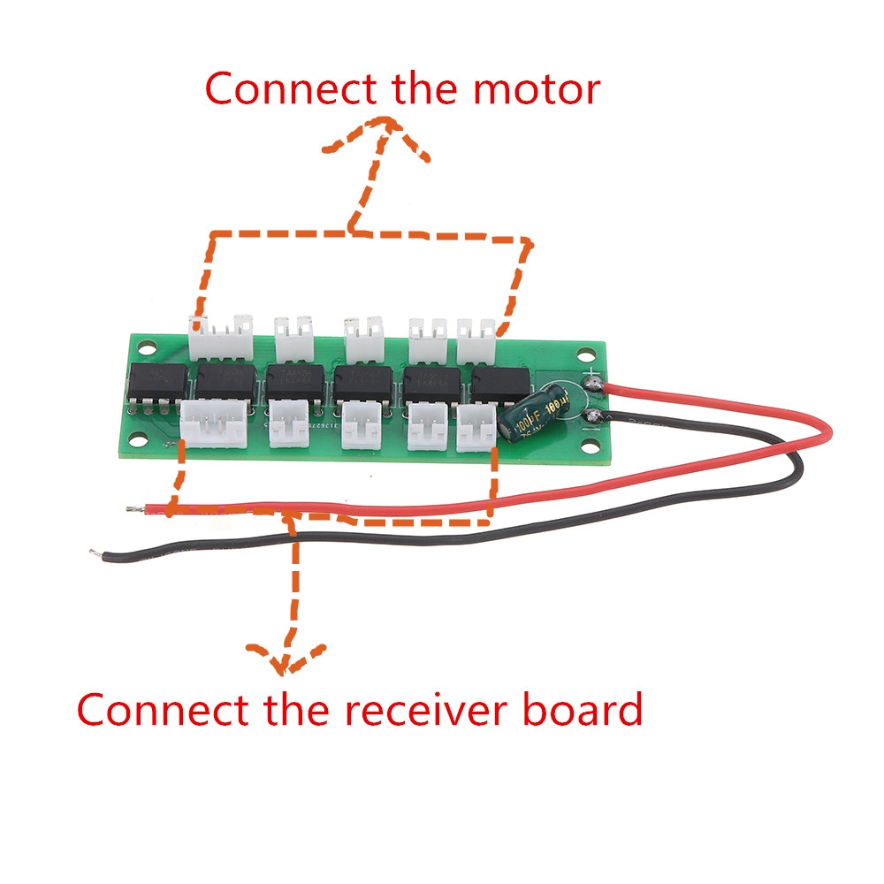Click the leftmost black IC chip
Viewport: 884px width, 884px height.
tap(158, 383)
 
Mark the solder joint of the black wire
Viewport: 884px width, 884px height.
tap(591, 409)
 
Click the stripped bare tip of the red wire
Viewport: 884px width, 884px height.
tap(133, 508)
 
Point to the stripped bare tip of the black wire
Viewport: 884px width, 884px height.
tap(94, 553)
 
